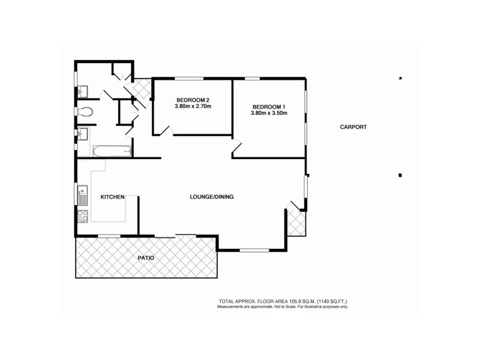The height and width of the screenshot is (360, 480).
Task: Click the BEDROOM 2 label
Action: [x=193, y=100]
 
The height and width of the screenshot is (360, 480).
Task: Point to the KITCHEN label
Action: [x=112, y=197]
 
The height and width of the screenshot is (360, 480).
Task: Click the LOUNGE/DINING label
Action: [x=211, y=197]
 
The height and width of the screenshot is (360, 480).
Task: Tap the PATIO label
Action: [x=145, y=257]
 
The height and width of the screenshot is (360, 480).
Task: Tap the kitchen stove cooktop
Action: [x=82, y=215]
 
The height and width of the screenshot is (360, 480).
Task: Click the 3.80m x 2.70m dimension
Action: [x=193, y=106]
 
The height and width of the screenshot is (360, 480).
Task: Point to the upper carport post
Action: [x=400, y=78]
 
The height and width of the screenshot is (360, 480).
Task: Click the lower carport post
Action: [x=400, y=175]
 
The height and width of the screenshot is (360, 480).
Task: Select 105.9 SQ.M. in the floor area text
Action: [x=283, y=301]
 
